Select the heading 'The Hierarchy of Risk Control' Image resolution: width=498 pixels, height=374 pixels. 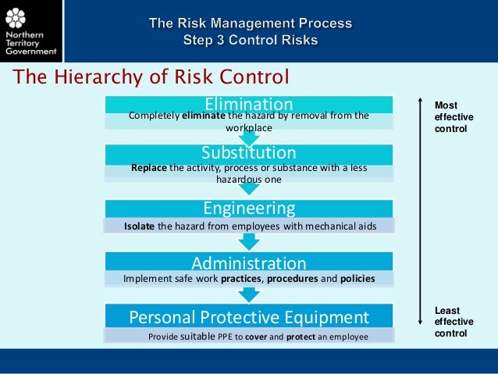pyautogui.click(x=149, y=77)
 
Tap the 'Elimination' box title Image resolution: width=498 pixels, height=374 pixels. pyautogui.click(x=248, y=104)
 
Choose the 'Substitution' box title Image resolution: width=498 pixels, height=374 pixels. pyautogui.click(x=248, y=151)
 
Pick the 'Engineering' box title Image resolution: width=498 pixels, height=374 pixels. pyautogui.click(x=249, y=208)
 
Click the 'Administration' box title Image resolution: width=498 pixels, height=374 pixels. pyautogui.click(x=248, y=263)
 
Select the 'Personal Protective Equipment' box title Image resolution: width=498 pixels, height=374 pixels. pyautogui.click(x=248, y=317)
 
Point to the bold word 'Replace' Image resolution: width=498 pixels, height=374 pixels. pyautogui.click(x=149, y=167)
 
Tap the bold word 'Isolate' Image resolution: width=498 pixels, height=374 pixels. pyautogui.click(x=139, y=226)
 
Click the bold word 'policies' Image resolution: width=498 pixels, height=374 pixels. pyautogui.click(x=357, y=278)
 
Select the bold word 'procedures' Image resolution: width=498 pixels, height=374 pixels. pyautogui.click(x=291, y=278)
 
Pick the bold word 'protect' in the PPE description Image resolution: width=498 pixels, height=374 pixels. pyautogui.click(x=301, y=336)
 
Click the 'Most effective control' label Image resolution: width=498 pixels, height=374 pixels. pyautogui.click(x=454, y=116)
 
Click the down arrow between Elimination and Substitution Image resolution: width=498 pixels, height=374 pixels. pyautogui.click(x=248, y=137)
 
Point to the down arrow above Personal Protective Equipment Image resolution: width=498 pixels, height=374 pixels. pyautogui.click(x=248, y=294)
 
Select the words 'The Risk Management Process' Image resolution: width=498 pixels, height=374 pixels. pyautogui.click(x=250, y=23)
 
